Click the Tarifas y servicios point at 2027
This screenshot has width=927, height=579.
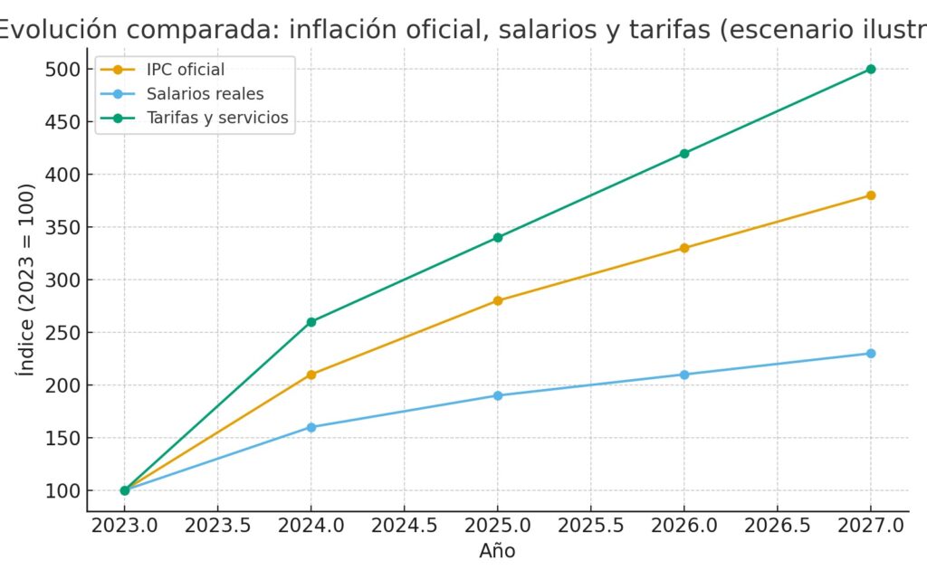point(871,69)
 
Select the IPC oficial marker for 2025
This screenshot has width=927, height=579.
point(498,300)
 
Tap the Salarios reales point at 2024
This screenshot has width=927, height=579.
point(311,427)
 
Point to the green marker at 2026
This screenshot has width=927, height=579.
point(684,153)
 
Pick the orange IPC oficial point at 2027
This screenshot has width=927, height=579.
point(871,195)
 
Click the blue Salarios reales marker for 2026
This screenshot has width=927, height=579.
point(684,375)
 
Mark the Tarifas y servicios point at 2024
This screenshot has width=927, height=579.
point(311,322)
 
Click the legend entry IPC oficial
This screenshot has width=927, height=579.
point(186,70)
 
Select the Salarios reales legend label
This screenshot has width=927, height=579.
point(205,93)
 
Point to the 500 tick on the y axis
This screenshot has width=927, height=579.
point(69,69)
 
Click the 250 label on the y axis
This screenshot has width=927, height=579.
point(69,333)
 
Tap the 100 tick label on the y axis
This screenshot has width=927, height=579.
point(69,491)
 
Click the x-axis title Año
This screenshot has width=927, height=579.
point(498,550)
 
